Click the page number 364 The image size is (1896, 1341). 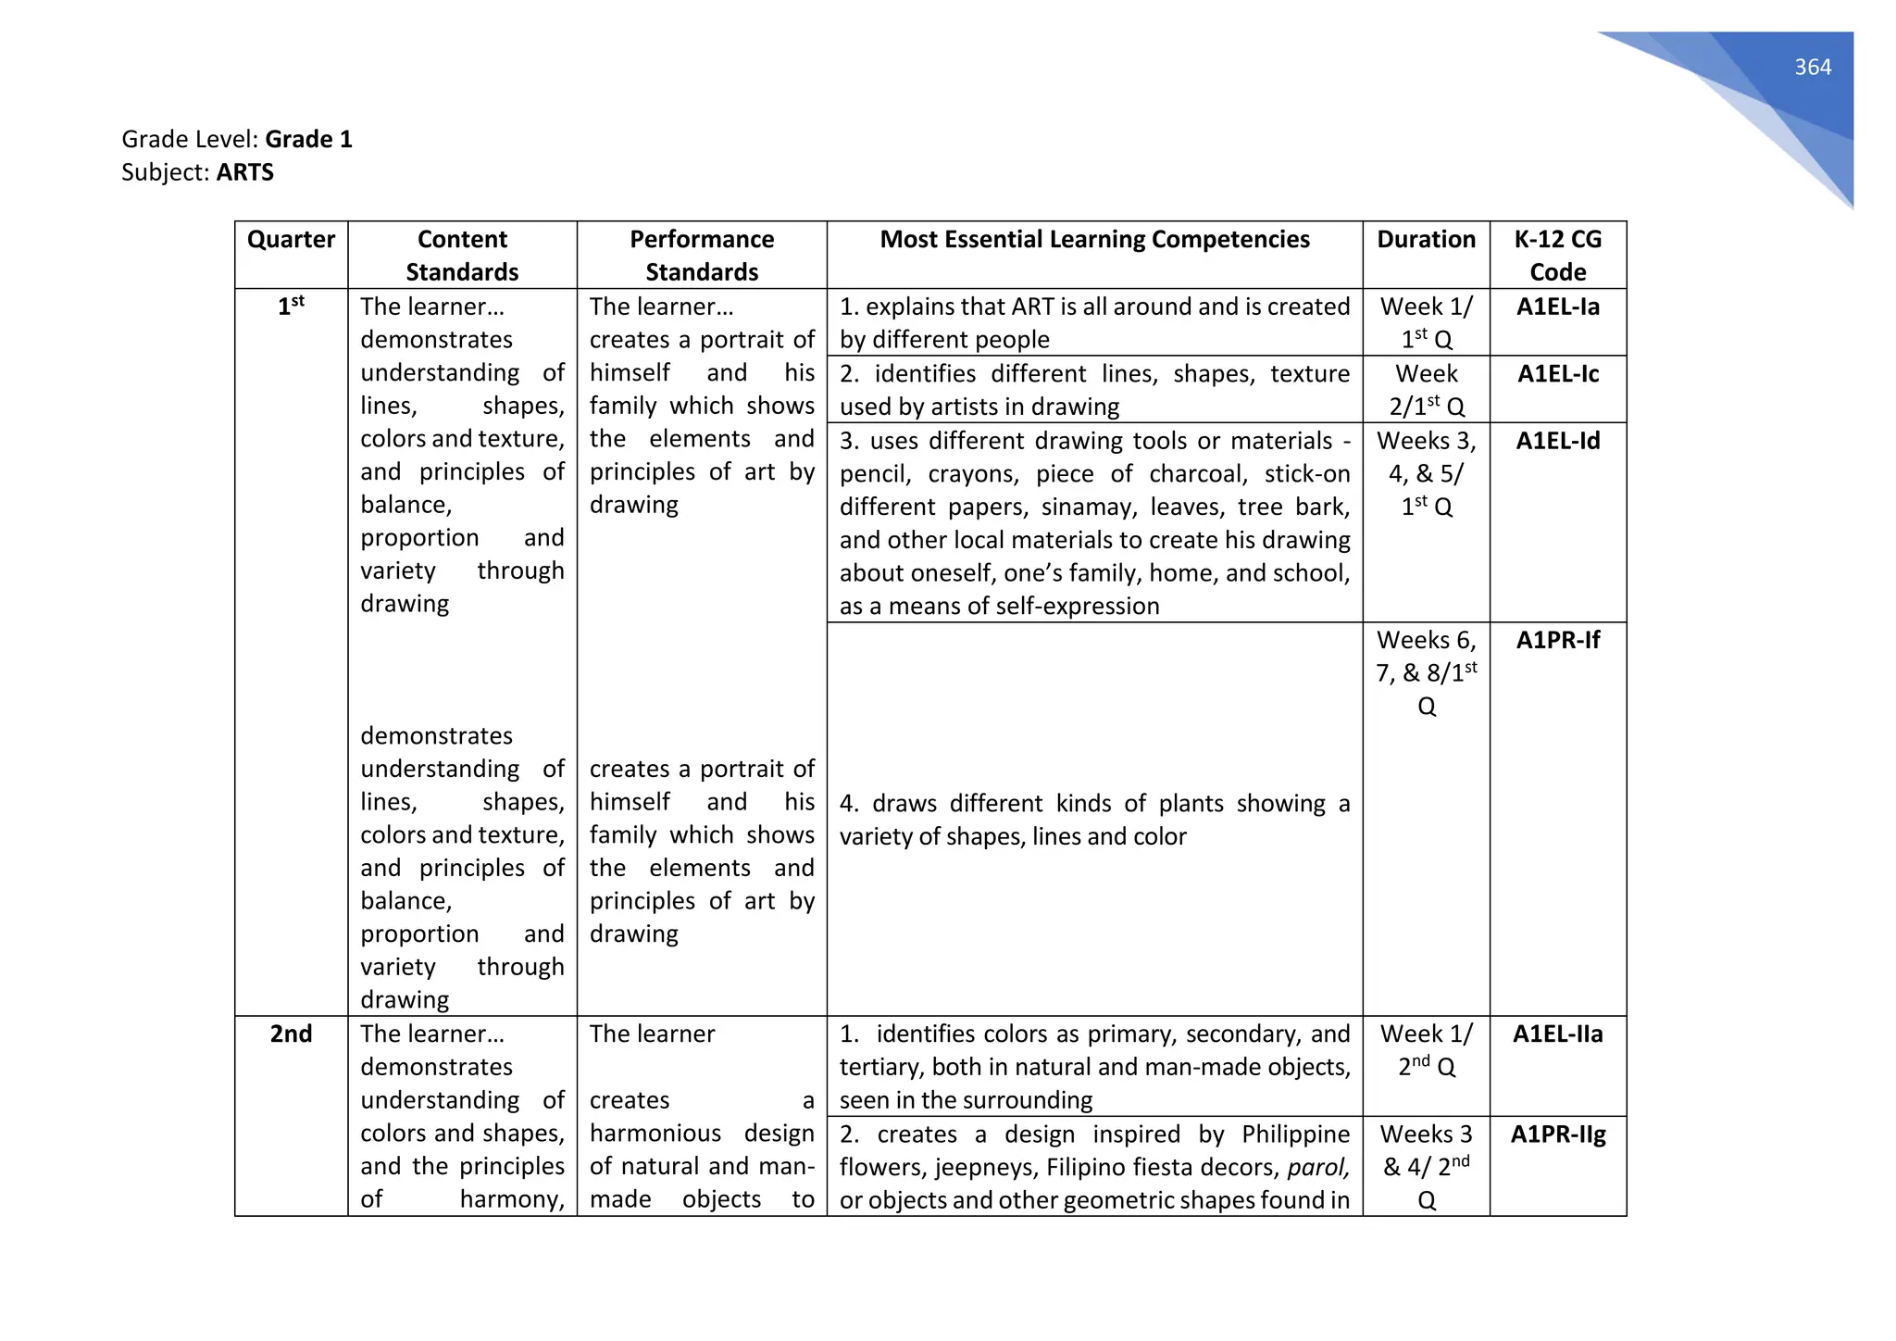(1812, 68)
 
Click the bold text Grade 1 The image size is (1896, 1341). (308, 139)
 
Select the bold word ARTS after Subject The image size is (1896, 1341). (245, 172)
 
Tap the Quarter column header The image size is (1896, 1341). (291, 240)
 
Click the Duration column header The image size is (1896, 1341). (1426, 240)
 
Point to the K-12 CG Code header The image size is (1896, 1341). (1557, 256)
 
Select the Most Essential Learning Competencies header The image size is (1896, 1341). (1094, 240)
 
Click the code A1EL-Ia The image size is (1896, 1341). (1557, 307)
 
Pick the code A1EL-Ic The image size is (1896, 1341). (1557, 374)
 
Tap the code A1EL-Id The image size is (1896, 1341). (1557, 441)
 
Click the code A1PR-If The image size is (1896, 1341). (1557, 640)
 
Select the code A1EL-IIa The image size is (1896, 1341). (1557, 1034)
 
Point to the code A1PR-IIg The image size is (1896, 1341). (1557, 1134)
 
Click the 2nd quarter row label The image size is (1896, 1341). (291, 1034)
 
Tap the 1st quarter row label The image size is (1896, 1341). (291, 307)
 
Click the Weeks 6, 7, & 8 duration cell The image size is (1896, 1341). (1426, 672)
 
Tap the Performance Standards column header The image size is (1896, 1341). (702, 256)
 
